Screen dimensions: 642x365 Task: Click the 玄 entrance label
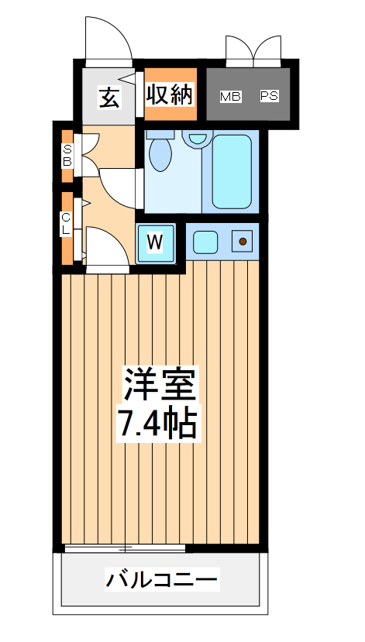click(x=108, y=98)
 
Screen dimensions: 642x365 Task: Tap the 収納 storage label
click(x=170, y=95)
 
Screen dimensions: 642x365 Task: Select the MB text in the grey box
click(x=230, y=97)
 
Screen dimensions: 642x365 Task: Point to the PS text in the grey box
click(x=269, y=97)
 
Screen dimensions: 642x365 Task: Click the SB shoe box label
click(x=67, y=156)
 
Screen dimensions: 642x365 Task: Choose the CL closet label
click(x=67, y=224)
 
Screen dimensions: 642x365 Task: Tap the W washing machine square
click(x=156, y=242)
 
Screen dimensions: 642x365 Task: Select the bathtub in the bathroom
click(x=232, y=171)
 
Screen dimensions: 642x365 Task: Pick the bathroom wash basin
click(x=198, y=139)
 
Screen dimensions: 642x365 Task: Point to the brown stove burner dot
click(x=243, y=242)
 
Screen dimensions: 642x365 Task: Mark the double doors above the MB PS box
click(x=251, y=48)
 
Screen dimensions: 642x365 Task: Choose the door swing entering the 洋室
click(x=105, y=247)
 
